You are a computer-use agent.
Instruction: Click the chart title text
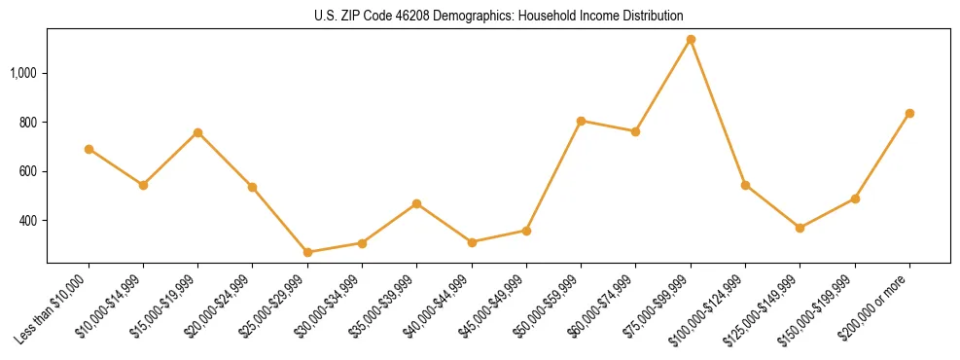pos(499,16)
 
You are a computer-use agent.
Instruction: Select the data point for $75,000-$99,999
pos(691,40)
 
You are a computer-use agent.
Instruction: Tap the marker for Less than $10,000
pos(89,149)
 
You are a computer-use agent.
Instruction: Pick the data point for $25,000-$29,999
pos(307,252)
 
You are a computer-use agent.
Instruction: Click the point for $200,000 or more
pos(909,114)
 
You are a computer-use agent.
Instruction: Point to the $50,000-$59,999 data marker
pos(581,121)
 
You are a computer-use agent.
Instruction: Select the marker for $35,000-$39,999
pos(416,203)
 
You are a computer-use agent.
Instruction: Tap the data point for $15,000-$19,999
pos(197,132)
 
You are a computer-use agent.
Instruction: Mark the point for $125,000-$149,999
pos(800,228)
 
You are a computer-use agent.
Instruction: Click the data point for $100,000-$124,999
pos(745,185)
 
